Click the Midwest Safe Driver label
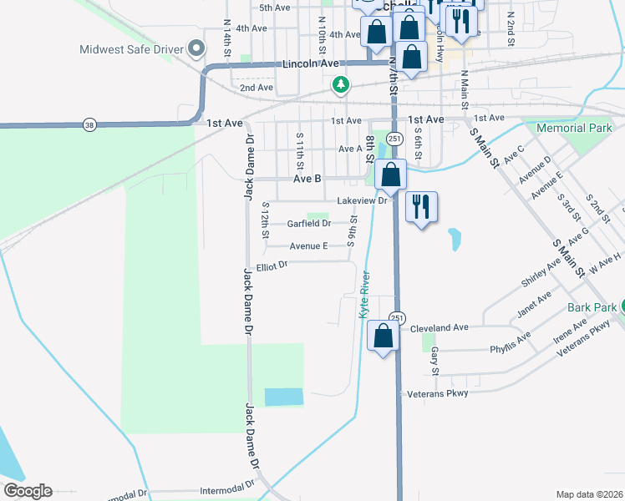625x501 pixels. pos(130,48)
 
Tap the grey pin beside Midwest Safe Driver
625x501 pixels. pos(197,48)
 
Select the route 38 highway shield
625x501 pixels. pos(89,125)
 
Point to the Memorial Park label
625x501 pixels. pos(575,129)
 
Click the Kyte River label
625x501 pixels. pos(363,297)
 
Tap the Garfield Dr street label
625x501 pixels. pos(308,224)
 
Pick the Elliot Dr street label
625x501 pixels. pos(272,265)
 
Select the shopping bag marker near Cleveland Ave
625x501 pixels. pos(384,337)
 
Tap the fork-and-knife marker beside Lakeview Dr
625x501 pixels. pos(421,206)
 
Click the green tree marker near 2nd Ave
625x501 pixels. pos(340,83)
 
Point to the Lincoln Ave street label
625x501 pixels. pos(311,63)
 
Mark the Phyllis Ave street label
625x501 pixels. pos(510,344)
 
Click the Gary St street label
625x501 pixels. pos(434,362)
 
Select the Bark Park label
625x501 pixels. pos(591,307)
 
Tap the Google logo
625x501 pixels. pos(28,491)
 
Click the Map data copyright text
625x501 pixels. pos(590,494)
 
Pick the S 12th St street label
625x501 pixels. pos(265,220)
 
